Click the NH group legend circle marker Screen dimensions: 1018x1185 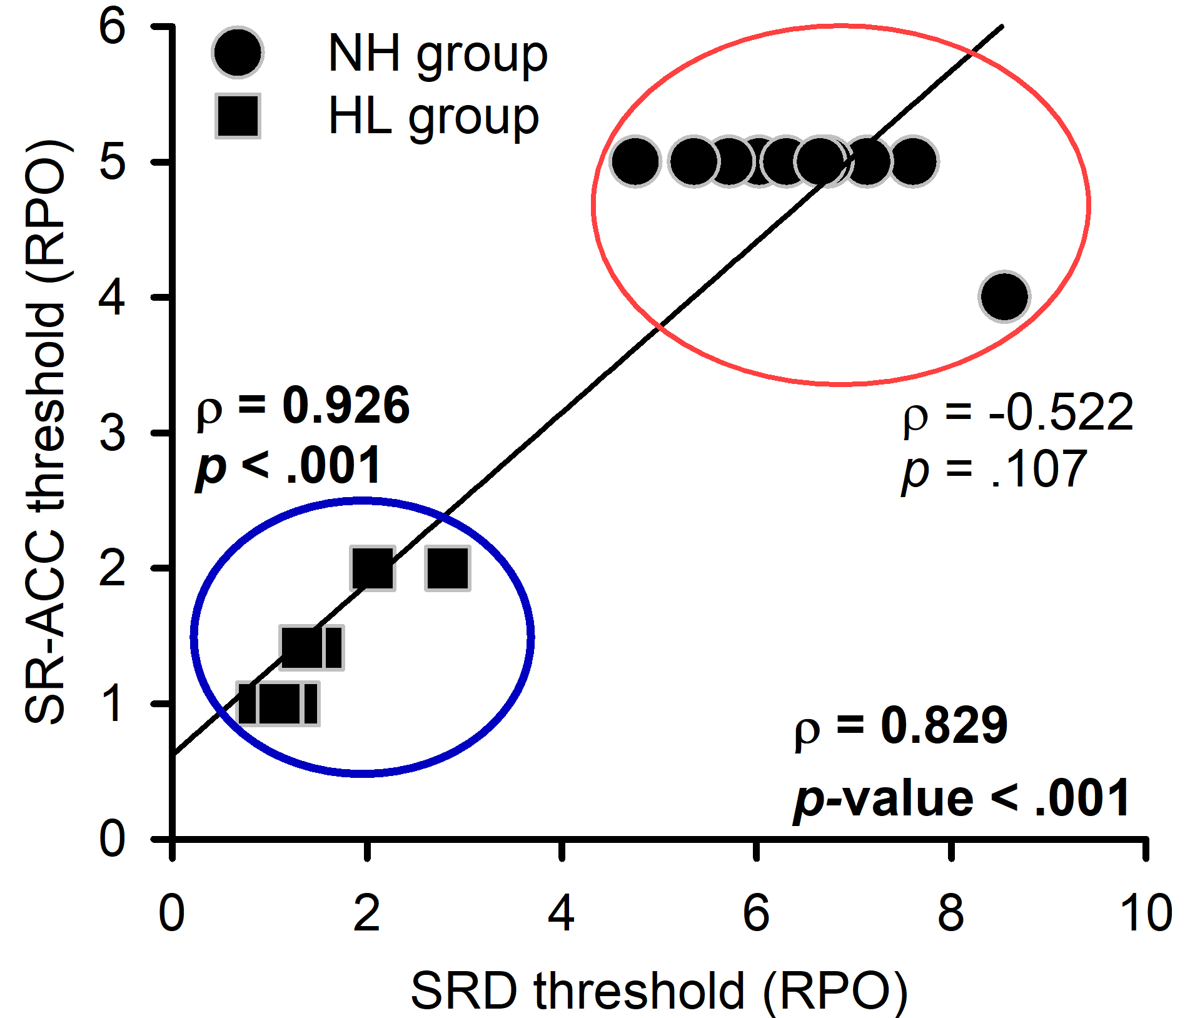tap(238, 53)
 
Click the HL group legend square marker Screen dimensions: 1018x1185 tap(238, 116)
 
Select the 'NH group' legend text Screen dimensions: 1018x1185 tap(437, 54)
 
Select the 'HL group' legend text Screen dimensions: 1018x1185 tap(433, 118)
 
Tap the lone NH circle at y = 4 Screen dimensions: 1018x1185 tap(1004, 296)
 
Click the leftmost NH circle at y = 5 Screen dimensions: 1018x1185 tap(635, 161)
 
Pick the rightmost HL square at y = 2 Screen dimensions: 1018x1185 tap(448, 568)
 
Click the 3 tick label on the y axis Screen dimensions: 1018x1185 tap(113, 433)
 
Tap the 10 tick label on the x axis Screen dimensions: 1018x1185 tap(1146, 914)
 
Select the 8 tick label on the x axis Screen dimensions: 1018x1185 tap(951, 914)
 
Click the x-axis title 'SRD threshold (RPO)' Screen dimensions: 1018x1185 tap(659, 990)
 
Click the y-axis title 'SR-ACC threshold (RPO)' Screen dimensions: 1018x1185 tap(45, 431)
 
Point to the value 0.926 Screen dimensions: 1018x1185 tap(346, 406)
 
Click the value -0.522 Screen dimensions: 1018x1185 tap(1061, 413)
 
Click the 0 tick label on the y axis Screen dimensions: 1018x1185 tap(113, 839)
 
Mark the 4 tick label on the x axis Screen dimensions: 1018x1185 tap(561, 914)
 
